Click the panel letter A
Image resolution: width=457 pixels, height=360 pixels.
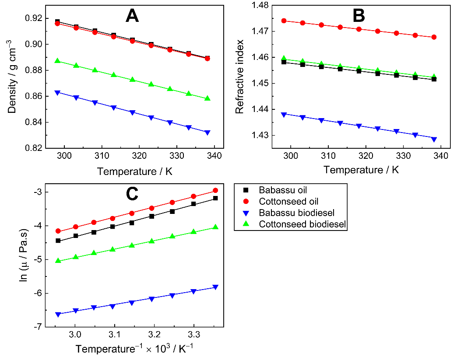point(132,16)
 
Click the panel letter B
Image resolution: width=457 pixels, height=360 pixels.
point(359,16)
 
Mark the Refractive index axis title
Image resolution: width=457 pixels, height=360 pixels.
point(239,77)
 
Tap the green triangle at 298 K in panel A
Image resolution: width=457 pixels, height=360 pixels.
point(57,61)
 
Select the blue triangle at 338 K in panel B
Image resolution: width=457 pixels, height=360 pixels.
point(434,140)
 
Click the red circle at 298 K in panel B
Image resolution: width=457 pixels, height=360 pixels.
point(284,21)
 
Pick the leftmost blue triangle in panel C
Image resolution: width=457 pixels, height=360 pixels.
point(58,314)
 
